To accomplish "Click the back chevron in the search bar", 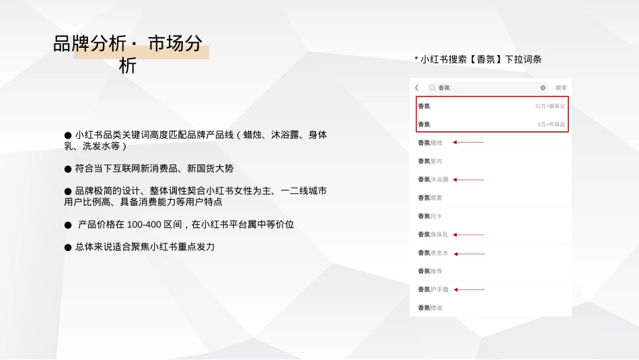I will click(417, 87).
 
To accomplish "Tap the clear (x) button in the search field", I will click(543, 87).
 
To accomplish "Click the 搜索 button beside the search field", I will click(561, 87).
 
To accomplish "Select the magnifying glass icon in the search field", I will click(433, 87).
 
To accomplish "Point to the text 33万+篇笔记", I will click(550, 106).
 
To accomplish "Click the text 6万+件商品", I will click(552, 124).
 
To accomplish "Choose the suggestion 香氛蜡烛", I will click(430, 143).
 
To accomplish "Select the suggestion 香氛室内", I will click(430, 161).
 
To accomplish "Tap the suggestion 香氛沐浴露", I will click(433, 180).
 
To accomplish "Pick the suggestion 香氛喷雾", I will click(430, 198).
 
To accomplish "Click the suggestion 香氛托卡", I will click(430, 216).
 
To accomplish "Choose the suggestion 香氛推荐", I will click(430, 271).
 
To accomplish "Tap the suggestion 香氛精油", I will click(430, 308).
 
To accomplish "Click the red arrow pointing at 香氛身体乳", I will click(469, 235).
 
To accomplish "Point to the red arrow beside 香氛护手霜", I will click(469, 289).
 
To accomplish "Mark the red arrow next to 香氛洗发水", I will click(469, 254).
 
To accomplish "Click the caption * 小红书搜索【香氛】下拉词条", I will click(478, 59).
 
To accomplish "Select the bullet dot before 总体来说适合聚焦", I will click(68, 248).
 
